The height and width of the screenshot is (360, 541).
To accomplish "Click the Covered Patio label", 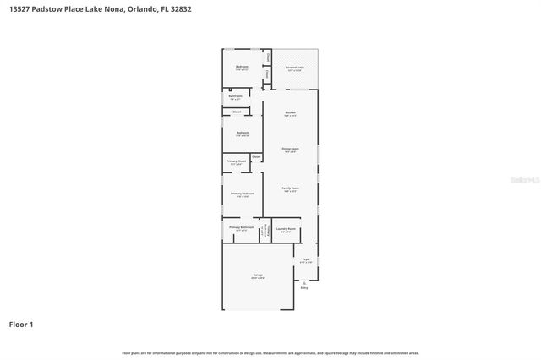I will (x=295, y=67).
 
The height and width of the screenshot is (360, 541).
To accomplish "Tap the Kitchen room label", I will (x=290, y=112).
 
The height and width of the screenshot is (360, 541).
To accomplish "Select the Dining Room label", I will (x=290, y=149).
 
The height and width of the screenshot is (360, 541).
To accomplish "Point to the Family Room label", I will (x=290, y=189).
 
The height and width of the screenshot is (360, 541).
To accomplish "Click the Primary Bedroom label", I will (x=242, y=194).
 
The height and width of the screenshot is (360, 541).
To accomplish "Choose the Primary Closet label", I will (x=236, y=161).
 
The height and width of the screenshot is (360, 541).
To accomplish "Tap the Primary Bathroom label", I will (x=241, y=227).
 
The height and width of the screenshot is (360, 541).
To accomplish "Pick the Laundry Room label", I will (x=286, y=228).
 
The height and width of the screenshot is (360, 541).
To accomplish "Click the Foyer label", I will (x=306, y=259).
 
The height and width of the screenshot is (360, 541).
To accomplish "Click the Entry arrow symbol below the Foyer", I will (x=304, y=282).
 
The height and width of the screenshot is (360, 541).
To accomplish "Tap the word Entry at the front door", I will (x=304, y=288).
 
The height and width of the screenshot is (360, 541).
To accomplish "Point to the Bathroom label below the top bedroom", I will (x=236, y=96).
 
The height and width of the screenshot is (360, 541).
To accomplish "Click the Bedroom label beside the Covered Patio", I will (x=242, y=67).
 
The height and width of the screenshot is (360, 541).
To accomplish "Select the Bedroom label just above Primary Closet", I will (x=242, y=133).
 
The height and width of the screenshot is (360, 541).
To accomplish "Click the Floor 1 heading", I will (x=22, y=324).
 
